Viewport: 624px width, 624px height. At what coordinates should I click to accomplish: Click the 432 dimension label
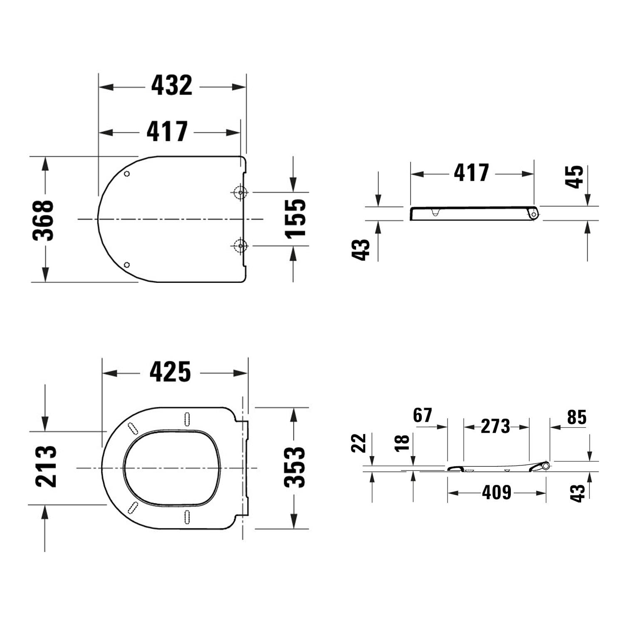coord(171,86)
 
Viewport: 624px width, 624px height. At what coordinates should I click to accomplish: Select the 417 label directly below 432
coord(167,131)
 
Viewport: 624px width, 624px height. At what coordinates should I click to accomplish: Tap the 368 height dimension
coord(43,220)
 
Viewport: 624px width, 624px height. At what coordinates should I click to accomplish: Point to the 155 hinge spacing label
coord(295,219)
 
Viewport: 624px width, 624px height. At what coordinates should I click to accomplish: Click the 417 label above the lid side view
coord(471,173)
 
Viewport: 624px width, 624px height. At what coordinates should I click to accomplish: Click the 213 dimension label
coord(46,466)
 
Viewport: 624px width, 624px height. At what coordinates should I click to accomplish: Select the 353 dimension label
coord(295,467)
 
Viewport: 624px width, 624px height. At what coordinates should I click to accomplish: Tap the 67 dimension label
coord(423,415)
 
